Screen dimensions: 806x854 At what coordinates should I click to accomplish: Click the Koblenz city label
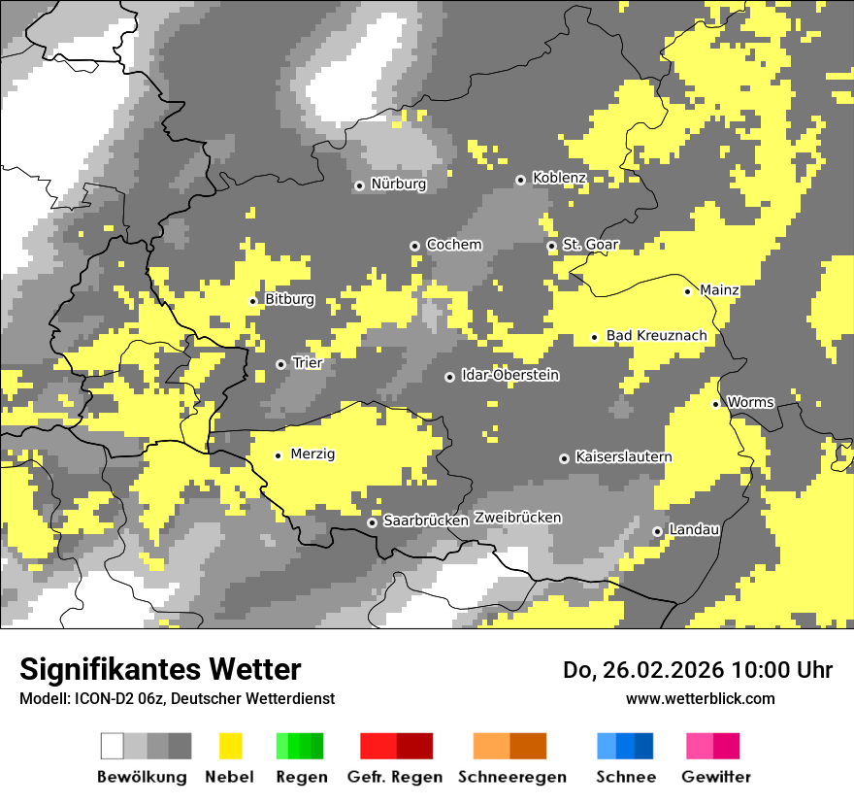(x=559, y=179)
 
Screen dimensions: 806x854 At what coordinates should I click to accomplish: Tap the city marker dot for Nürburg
(x=359, y=185)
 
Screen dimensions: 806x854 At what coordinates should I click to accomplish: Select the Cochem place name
(x=453, y=245)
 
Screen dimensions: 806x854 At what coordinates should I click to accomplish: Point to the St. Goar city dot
(x=552, y=246)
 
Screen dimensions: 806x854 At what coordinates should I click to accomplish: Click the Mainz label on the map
(x=719, y=290)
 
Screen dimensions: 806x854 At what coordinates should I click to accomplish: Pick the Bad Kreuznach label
(x=656, y=336)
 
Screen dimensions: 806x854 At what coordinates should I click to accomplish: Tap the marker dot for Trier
(x=281, y=364)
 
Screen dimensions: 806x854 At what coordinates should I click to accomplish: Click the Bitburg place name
(x=289, y=300)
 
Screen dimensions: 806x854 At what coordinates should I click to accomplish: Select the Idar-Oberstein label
(x=510, y=376)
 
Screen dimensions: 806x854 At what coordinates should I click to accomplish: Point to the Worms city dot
(x=716, y=404)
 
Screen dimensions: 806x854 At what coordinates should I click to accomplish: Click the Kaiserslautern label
(x=623, y=457)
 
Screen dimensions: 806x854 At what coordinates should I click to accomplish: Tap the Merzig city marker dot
(x=279, y=455)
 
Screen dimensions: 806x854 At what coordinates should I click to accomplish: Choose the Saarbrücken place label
(x=426, y=521)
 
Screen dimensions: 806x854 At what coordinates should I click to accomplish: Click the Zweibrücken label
(x=517, y=518)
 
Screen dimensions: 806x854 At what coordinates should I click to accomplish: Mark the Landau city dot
(x=658, y=531)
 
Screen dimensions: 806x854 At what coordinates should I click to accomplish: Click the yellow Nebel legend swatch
(x=231, y=746)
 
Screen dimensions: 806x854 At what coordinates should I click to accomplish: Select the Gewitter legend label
(x=715, y=777)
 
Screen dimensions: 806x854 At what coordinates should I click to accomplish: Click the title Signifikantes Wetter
(x=160, y=670)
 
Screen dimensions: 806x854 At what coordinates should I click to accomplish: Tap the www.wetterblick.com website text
(x=700, y=698)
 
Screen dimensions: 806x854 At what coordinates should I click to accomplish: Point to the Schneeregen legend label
(x=511, y=777)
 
